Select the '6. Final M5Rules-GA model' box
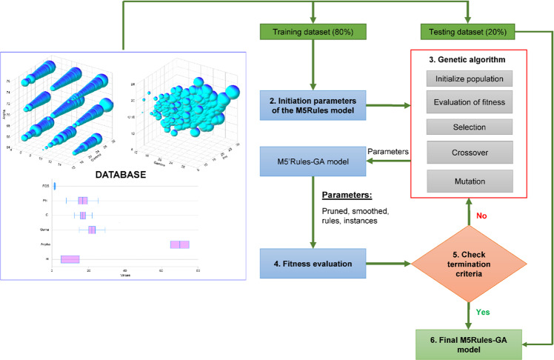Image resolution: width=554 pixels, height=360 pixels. [x=468, y=345]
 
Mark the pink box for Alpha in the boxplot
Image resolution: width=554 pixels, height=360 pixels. [x=180, y=244]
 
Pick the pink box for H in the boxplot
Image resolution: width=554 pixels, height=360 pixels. [x=70, y=259]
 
